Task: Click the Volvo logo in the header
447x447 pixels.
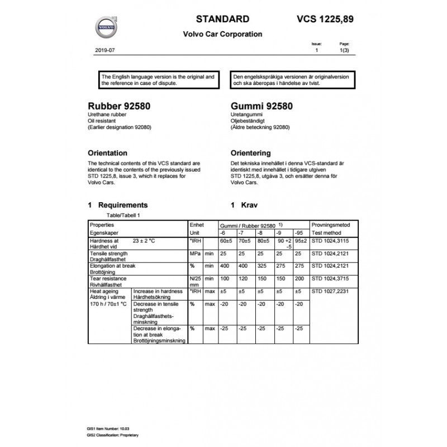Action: point(105,26)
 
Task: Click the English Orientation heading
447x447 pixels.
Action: point(108,153)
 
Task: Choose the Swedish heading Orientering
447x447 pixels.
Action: point(250,153)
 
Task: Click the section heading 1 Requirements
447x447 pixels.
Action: point(118,205)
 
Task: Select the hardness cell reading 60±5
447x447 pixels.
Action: point(226,241)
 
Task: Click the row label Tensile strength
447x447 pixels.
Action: point(108,253)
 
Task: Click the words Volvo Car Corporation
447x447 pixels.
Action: point(222,34)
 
